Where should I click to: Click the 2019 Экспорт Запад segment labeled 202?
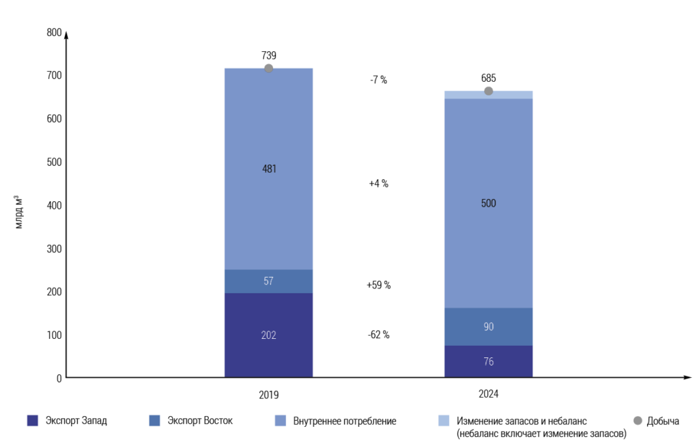268,335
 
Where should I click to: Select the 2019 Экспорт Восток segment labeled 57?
268,281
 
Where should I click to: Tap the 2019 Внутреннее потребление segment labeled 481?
268,168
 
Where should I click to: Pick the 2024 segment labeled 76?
488,361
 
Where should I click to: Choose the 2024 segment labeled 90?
488,327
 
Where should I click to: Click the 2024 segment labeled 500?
488,203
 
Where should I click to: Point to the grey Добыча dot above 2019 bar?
269,68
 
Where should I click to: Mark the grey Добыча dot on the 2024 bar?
489,91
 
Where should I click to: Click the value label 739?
269,55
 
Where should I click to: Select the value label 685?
489,78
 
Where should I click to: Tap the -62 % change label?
378,335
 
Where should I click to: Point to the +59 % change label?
378,285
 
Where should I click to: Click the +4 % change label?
378,183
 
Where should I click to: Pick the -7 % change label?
378,80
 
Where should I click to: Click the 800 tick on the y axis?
54,32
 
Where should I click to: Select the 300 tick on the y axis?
54,248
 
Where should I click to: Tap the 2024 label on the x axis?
489,394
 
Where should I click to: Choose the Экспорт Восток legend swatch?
154,421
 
